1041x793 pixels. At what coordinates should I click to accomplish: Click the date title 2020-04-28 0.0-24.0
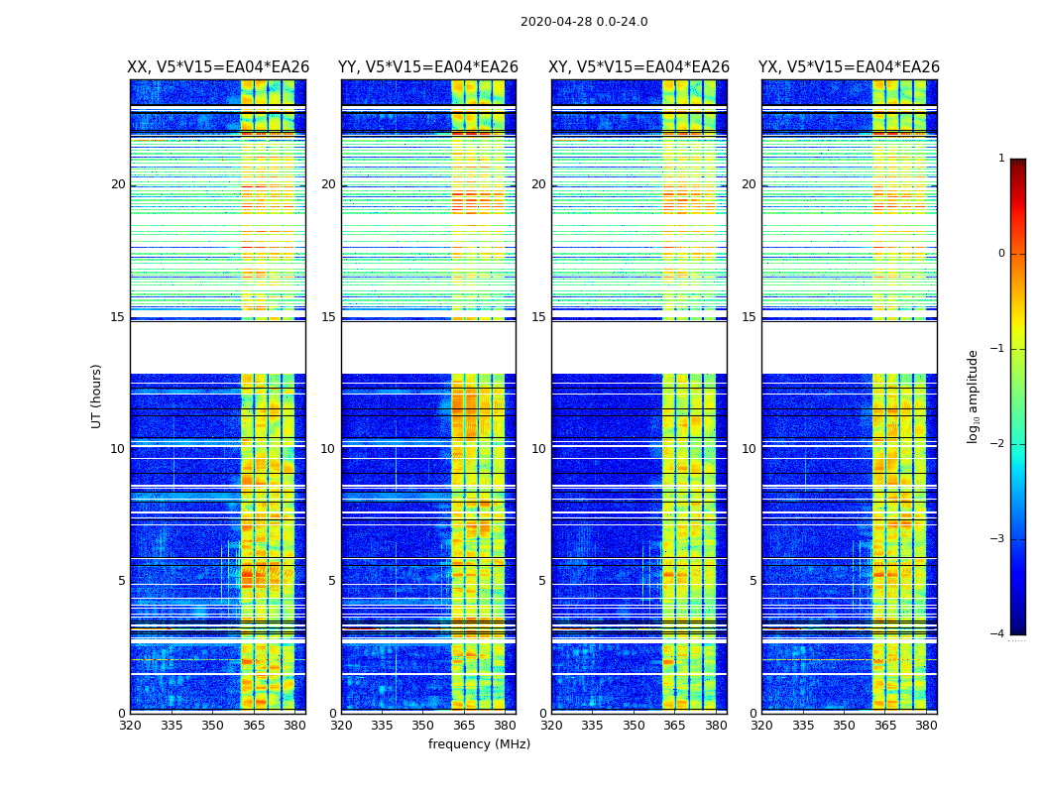pyautogui.click(x=584, y=22)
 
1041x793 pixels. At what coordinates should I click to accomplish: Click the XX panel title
pyautogui.click(x=218, y=67)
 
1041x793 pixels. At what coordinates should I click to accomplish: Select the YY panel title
pyautogui.click(x=428, y=67)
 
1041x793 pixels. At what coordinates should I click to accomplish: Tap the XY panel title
pyautogui.click(x=639, y=67)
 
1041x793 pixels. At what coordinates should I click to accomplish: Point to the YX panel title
pyautogui.click(x=849, y=67)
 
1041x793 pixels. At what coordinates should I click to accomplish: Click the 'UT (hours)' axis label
pyautogui.click(x=97, y=396)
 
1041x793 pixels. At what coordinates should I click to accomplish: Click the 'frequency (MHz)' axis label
pyautogui.click(x=479, y=744)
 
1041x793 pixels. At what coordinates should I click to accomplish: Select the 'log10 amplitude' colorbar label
pyautogui.click(x=974, y=396)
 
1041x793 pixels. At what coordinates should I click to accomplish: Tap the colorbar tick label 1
pyautogui.click(x=1001, y=159)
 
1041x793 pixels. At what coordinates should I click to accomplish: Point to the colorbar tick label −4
pyautogui.click(x=998, y=634)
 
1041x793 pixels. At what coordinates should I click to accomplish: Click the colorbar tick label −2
pyautogui.click(x=998, y=444)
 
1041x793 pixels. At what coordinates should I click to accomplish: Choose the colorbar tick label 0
pyautogui.click(x=1001, y=254)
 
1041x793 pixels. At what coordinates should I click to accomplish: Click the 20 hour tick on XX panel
pyautogui.click(x=118, y=184)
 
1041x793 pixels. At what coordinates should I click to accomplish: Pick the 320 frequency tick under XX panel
pyautogui.click(x=130, y=726)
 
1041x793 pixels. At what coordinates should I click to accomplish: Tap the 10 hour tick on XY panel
pyautogui.click(x=538, y=449)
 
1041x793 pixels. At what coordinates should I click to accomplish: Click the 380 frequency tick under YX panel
pyautogui.click(x=926, y=726)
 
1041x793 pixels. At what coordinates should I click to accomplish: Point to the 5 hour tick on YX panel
pyautogui.click(x=752, y=581)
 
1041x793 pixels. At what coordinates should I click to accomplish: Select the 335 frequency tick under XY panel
pyautogui.click(x=592, y=726)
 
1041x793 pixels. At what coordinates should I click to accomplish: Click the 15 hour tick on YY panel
pyautogui.click(x=328, y=317)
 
